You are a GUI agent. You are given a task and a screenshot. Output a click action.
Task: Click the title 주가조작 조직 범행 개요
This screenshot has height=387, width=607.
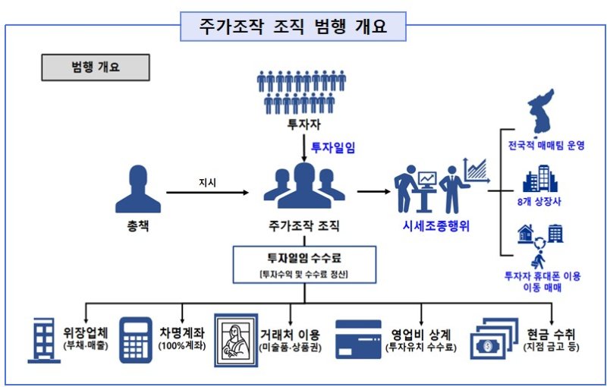pos(294,27)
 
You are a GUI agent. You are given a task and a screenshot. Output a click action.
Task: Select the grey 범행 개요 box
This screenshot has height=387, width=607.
pos(83,66)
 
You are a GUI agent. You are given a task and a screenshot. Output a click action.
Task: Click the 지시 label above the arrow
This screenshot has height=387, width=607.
pos(207,183)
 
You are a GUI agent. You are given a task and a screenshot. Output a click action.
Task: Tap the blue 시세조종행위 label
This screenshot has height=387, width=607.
pos(436,225)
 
